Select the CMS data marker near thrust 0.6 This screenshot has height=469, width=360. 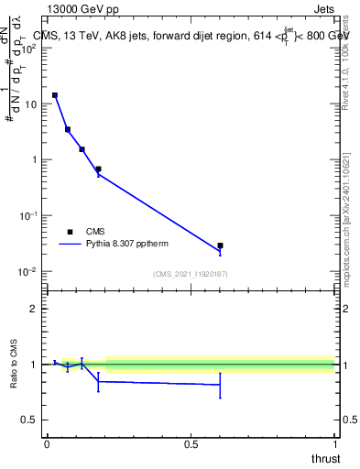pyautogui.click(x=221, y=245)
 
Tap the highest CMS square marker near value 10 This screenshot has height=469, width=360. pyautogui.click(x=55, y=95)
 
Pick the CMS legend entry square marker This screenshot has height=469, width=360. pyautogui.click(x=70, y=232)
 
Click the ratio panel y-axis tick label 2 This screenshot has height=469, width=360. pyautogui.click(x=35, y=309)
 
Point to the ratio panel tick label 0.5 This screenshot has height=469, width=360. pyautogui.click(x=29, y=420)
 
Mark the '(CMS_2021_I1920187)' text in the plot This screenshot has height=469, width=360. pyautogui.click(x=190, y=274)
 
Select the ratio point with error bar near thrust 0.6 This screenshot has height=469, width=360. pyautogui.click(x=221, y=385)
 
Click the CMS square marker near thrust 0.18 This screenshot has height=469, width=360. pyautogui.click(x=98, y=169)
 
